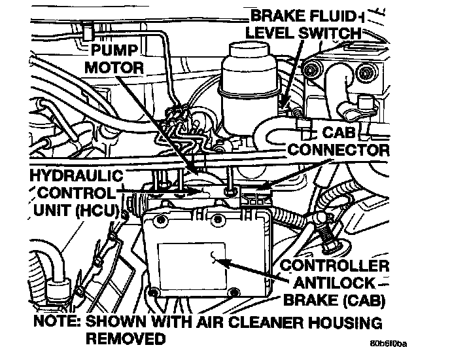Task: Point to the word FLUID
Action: (326, 14)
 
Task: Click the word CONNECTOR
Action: (339, 150)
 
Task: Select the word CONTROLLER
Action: (334, 266)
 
